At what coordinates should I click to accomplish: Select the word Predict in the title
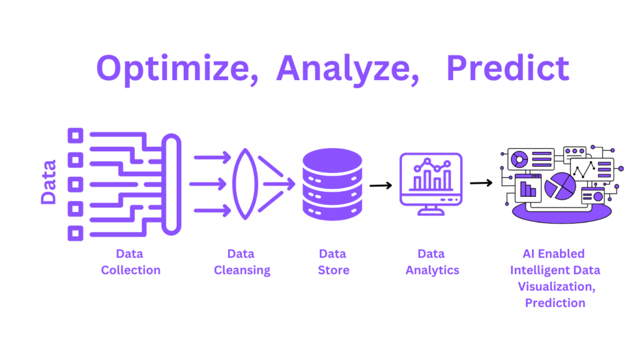click(507, 67)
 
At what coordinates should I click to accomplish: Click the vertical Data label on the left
click(49, 182)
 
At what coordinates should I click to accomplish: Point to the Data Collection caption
click(131, 262)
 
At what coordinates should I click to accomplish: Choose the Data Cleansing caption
click(242, 262)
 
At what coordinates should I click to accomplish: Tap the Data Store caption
click(334, 262)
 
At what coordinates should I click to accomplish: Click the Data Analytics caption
click(432, 262)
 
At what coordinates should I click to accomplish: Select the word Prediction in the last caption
click(555, 303)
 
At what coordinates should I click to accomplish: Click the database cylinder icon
click(332, 184)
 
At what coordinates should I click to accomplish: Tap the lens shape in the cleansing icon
click(245, 184)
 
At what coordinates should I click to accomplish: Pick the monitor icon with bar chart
click(431, 184)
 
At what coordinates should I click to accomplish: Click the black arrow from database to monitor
click(381, 186)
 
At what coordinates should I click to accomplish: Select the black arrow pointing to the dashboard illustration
click(481, 183)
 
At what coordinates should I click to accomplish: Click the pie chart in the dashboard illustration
click(561, 186)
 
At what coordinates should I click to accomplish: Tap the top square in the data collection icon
click(76, 136)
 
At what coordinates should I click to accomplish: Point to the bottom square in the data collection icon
click(76, 234)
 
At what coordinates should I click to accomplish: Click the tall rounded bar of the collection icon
click(171, 184)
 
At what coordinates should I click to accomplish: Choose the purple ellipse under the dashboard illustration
click(562, 214)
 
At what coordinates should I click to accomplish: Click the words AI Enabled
click(554, 254)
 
